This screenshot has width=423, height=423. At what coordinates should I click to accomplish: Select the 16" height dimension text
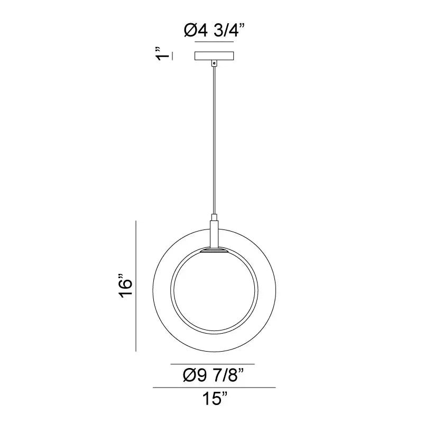click(125, 286)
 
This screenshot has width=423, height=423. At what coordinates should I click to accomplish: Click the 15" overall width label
click(214, 399)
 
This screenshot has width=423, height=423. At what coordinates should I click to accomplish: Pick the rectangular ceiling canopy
click(214, 56)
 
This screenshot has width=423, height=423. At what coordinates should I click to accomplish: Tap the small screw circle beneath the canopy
click(214, 63)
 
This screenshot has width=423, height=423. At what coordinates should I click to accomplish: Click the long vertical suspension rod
click(214, 137)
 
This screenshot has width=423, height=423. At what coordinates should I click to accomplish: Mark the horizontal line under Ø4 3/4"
click(214, 41)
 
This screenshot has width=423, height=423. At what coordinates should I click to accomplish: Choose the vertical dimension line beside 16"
click(137, 286)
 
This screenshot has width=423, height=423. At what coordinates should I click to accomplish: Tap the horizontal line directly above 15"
click(214, 388)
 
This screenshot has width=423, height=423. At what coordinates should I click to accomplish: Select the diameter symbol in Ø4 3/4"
click(190, 31)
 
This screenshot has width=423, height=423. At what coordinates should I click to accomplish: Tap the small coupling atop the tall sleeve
click(214, 217)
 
